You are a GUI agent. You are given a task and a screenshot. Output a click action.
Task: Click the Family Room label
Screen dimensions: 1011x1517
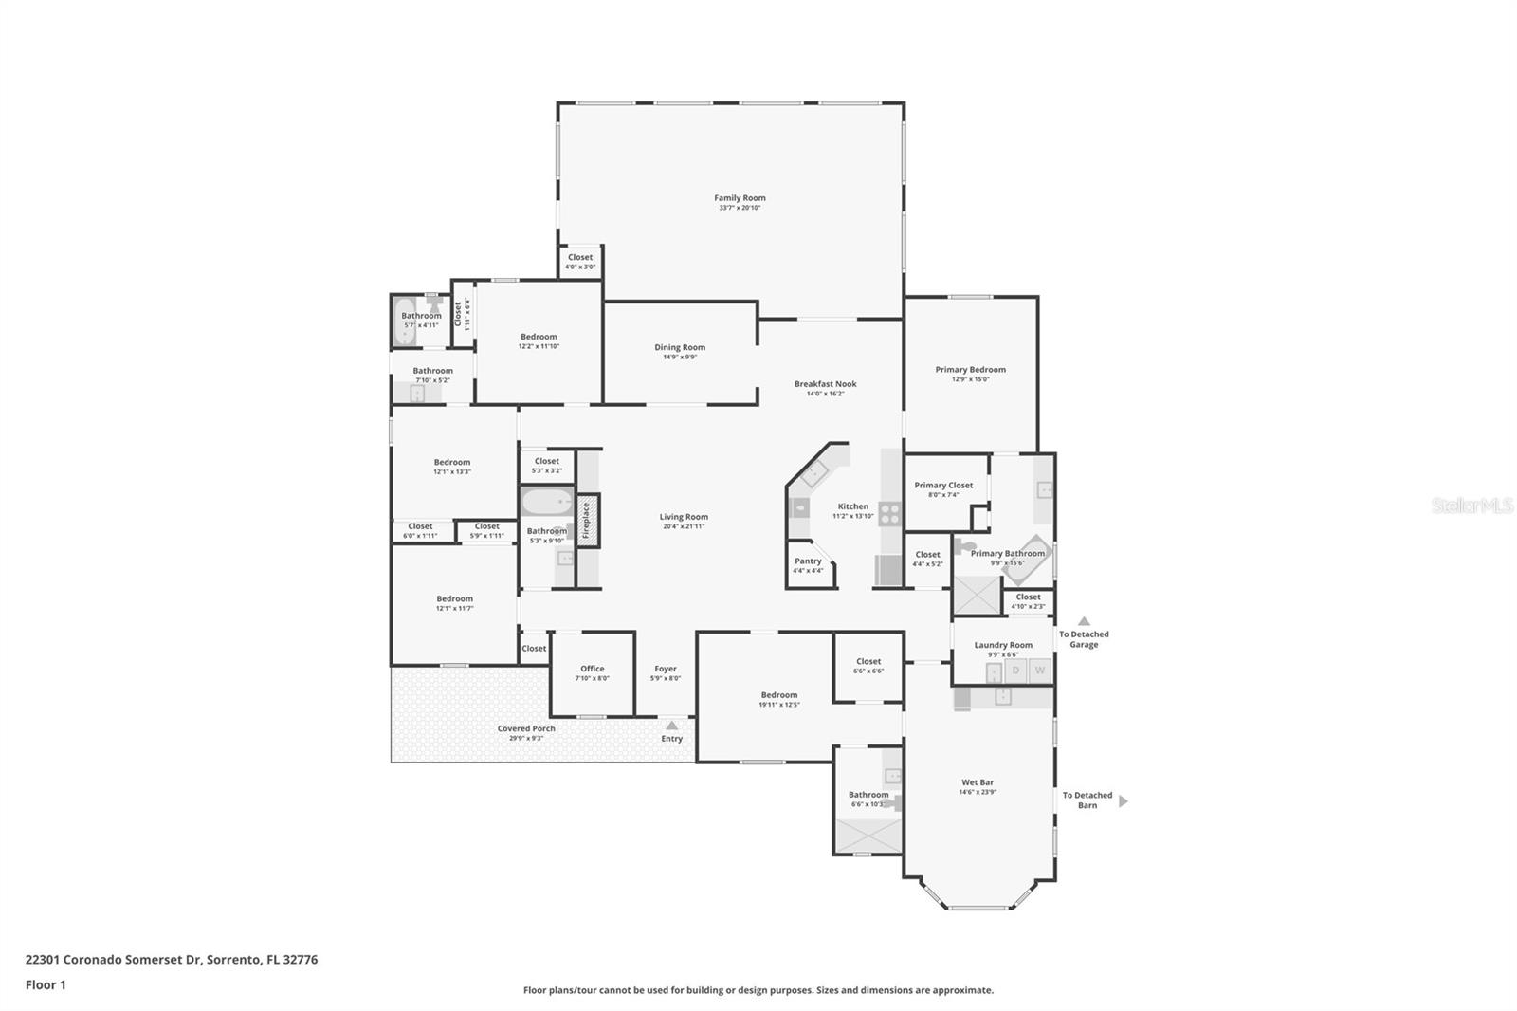[x=740, y=198]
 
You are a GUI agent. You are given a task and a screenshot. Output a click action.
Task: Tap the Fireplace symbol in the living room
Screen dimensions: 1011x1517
[x=586, y=521]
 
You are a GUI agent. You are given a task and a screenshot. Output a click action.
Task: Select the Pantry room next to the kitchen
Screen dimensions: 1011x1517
[x=808, y=565]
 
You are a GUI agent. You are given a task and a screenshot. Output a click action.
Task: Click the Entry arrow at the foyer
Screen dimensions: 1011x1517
[x=671, y=726]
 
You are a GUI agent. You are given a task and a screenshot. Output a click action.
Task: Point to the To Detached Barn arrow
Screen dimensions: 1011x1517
[x=1124, y=801]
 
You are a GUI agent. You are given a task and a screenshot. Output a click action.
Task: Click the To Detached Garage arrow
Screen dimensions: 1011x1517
[x=1084, y=621]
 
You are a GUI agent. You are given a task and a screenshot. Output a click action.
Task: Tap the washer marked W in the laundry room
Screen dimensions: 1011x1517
[x=1040, y=671]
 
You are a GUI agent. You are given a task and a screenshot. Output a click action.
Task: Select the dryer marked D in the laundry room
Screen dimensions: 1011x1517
[x=1015, y=671]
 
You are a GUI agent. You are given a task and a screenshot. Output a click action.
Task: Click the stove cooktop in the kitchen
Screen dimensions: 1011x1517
[x=889, y=514]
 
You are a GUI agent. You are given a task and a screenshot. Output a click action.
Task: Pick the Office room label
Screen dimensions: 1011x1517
[x=592, y=669]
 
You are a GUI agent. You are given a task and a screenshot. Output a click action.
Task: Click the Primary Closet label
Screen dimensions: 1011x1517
[x=943, y=486]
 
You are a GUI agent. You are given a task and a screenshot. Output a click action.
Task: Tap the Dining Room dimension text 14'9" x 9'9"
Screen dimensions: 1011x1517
[x=680, y=358]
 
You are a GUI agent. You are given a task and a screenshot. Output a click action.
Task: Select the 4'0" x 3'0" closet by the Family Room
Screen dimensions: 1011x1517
[x=580, y=262]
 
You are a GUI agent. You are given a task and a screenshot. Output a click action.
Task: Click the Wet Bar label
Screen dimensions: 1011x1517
[x=978, y=782]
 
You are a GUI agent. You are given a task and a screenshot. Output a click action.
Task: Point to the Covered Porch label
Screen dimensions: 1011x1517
[x=526, y=728]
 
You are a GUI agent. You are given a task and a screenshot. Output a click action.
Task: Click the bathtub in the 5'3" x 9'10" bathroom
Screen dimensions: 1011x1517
[x=547, y=502]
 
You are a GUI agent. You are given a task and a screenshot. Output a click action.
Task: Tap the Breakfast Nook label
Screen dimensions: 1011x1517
[x=825, y=384]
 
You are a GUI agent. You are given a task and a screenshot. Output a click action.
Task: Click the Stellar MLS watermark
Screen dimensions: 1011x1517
[x=1471, y=505]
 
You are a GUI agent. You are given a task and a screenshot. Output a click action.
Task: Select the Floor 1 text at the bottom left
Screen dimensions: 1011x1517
[x=46, y=984]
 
